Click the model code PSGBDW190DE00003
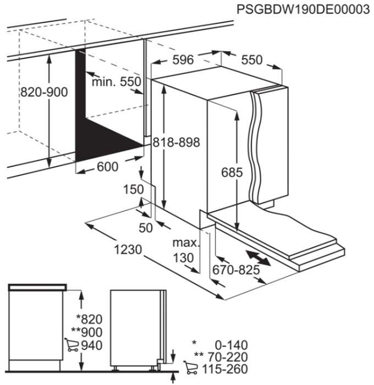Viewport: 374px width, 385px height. coord(303,9)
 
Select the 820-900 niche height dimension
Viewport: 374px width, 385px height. coord(44,92)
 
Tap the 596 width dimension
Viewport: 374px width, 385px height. coord(183,59)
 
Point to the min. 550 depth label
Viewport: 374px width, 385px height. coord(117,81)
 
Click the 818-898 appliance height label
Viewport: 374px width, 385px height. coord(177,142)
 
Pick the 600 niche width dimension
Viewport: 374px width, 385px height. coord(108,167)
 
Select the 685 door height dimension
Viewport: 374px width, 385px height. coord(232,172)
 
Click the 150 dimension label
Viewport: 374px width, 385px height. coord(133,189)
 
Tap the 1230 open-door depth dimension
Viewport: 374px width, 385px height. coord(128,250)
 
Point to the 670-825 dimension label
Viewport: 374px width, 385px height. coord(236,270)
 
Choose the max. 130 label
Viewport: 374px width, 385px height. coord(186,250)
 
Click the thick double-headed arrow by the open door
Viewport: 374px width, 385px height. coord(258,258)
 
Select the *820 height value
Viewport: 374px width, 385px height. coord(89,320)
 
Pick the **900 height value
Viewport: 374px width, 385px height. coord(87,332)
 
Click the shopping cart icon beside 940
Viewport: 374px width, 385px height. coord(71,345)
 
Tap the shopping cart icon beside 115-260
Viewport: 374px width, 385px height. coord(190,367)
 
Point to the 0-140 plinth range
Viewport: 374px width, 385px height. coord(232,345)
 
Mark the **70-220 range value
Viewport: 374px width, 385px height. coord(221,357)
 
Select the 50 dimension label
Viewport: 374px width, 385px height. coord(146,228)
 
